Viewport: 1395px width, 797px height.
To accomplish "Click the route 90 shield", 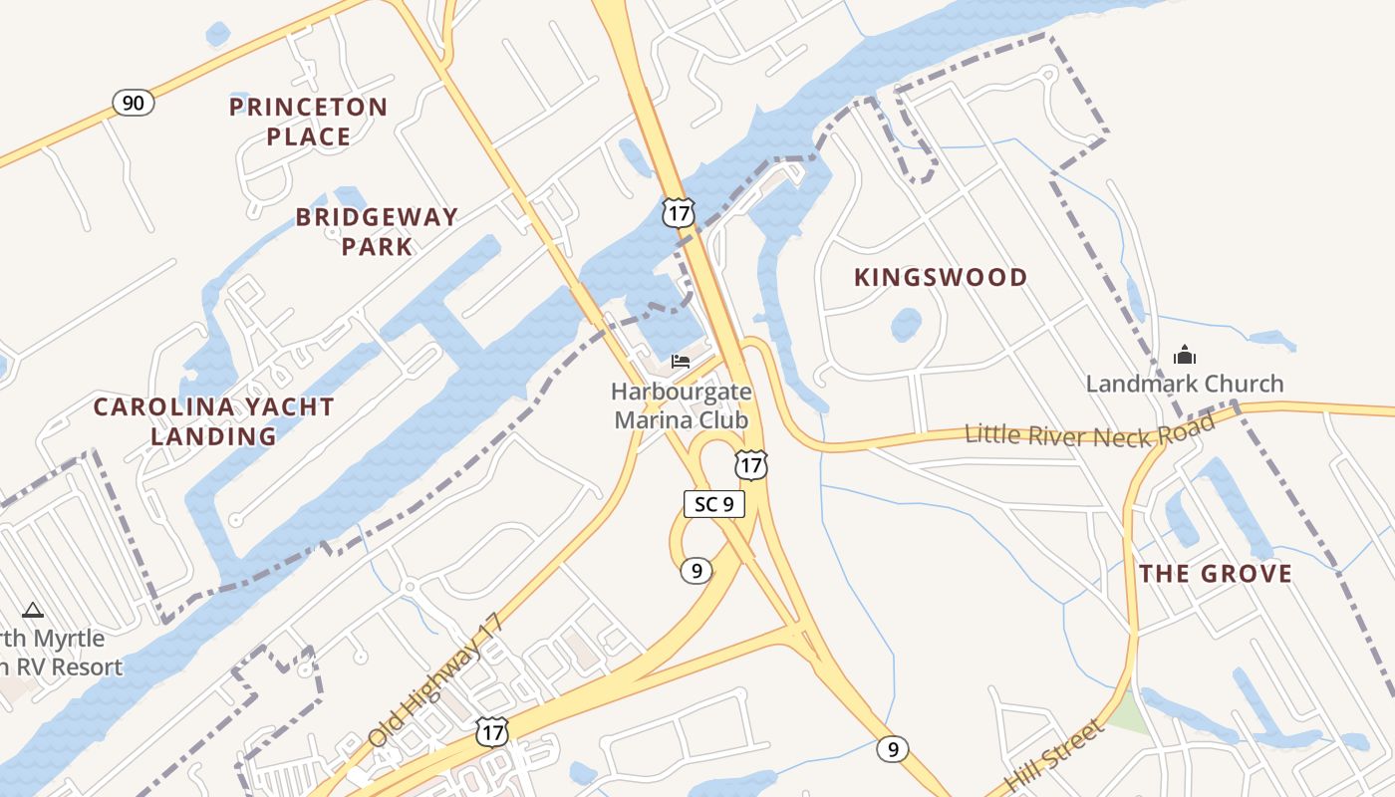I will point(133,102).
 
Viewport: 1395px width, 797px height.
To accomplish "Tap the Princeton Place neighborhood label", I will point(308,122).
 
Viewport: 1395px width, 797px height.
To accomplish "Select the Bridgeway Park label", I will point(377,231).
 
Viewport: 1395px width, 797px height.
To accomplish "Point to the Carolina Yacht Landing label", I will point(213,421).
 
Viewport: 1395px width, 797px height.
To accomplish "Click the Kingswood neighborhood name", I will point(941,278).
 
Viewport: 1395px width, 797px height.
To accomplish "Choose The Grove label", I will point(1216,574).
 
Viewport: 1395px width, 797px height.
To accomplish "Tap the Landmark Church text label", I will point(1185,384).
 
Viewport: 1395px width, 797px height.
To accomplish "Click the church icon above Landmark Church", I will point(1184,354).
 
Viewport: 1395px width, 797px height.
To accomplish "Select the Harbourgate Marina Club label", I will point(682,405).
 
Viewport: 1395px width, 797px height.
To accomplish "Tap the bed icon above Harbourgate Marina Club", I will point(681,361).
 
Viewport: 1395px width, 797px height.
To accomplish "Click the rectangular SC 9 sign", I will point(714,504).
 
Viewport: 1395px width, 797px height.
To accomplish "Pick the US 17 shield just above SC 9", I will point(751,464).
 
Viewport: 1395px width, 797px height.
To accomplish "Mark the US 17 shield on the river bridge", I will point(678,212).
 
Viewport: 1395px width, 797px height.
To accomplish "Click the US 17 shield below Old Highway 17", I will point(491,732).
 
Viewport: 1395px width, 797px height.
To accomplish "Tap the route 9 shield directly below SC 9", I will point(697,571).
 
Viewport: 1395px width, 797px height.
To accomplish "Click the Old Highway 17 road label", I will point(436,680).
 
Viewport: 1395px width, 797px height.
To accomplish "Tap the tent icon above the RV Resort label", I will point(33,610).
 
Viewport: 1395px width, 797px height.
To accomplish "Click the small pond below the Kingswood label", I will point(906,324).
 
